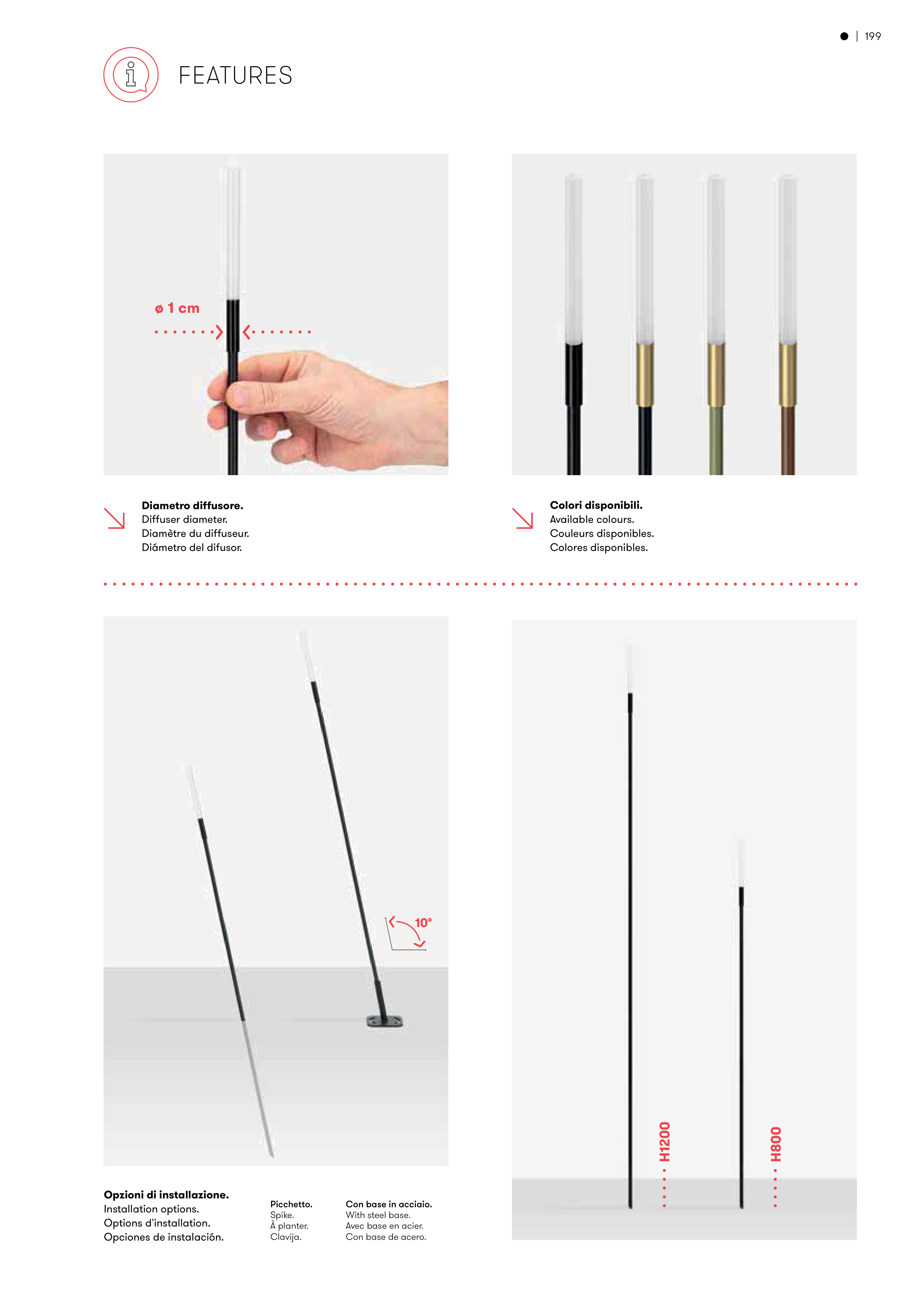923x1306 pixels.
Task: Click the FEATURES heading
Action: [235, 76]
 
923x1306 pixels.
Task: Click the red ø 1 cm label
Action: [177, 308]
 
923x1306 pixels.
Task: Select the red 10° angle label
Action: [423, 922]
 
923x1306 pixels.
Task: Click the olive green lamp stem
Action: [716, 440]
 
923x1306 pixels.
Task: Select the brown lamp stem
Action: [788, 440]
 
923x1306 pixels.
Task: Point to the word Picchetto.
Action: [291, 1204]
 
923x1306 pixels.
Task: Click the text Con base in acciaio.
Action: [389, 1204]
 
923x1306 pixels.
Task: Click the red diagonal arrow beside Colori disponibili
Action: [523, 518]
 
